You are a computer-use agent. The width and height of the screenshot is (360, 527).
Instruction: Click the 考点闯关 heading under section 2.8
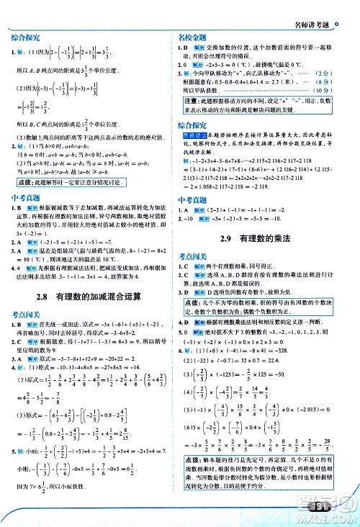pyautogui.click(x=25, y=314)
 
